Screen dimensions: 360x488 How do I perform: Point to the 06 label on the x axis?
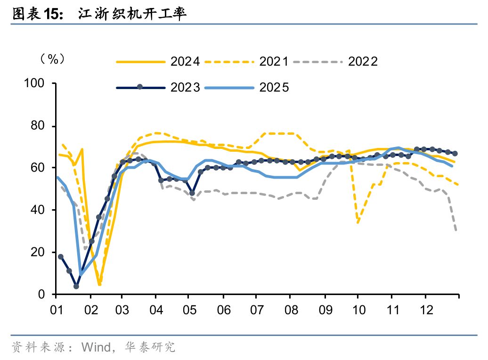(224, 311)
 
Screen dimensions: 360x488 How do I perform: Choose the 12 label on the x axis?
(425, 311)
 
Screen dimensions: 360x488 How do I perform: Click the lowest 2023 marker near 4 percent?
(76, 286)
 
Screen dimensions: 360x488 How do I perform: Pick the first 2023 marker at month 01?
(60, 257)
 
